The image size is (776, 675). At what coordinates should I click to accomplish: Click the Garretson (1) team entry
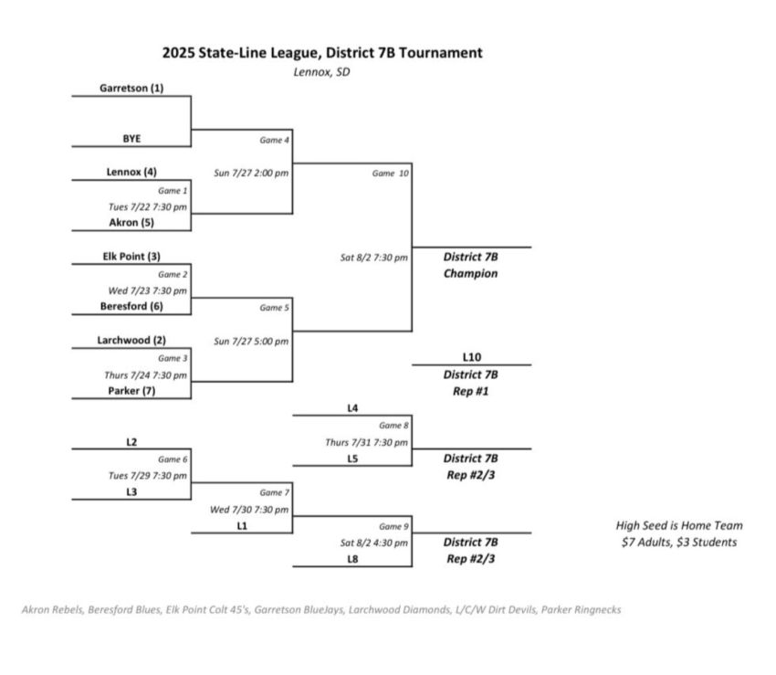click(x=131, y=89)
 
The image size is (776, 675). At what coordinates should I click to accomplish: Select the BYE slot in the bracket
click(x=131, y=139)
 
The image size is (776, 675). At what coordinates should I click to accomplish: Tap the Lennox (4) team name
click(x=131, y=172)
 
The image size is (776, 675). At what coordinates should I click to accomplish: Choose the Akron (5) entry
click(x=131, y=222)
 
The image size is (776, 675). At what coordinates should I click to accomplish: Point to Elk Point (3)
click(x=131, y=257)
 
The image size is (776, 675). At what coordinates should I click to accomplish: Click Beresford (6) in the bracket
click(x=131, y=307)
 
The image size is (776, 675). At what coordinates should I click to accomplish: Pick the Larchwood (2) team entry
click(x=131, y=341)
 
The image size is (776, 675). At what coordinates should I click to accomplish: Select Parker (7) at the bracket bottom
click(x=131, y=391)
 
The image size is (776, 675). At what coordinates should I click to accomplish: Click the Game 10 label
click(x=390, y=173)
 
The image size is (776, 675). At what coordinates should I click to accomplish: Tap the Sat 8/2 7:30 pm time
click(x=373, y=258)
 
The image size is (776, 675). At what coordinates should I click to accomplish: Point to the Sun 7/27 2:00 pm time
click(x=251, y=173)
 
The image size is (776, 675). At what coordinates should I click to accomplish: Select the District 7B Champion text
click(x=470, y=265)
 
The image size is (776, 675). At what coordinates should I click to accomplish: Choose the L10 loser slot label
click(x=470, y=356)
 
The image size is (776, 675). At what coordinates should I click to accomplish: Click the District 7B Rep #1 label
click(x=470, y=383)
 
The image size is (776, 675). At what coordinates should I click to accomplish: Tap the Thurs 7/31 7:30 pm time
click(x=366, y=442)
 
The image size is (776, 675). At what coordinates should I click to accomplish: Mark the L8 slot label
click(x=351, y=559)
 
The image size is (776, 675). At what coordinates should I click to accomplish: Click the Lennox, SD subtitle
click(x=321, y=72)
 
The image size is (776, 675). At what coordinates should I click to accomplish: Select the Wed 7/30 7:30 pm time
click(x=249, y=510)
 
